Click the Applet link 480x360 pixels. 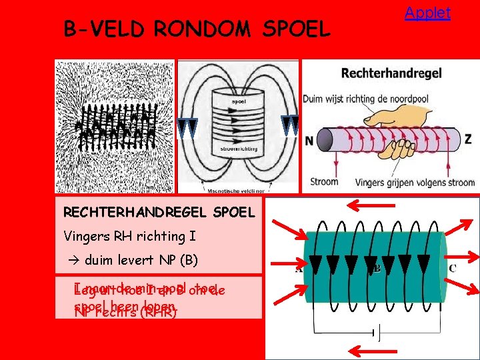click(x=427, y=13)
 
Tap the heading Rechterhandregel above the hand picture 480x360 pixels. click(x=391, y=73)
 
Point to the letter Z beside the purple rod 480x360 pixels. click(x=467, y=139)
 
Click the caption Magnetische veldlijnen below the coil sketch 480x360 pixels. click(x=233, y=189)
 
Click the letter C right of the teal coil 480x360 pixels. click(x=452, y=269)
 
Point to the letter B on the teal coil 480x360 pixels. click(x=377, y=269)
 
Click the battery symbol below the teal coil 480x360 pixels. click(x=374, y=331)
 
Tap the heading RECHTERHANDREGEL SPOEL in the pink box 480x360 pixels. click(x=159, y=213)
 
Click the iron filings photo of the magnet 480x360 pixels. click(x=115, y=127)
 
